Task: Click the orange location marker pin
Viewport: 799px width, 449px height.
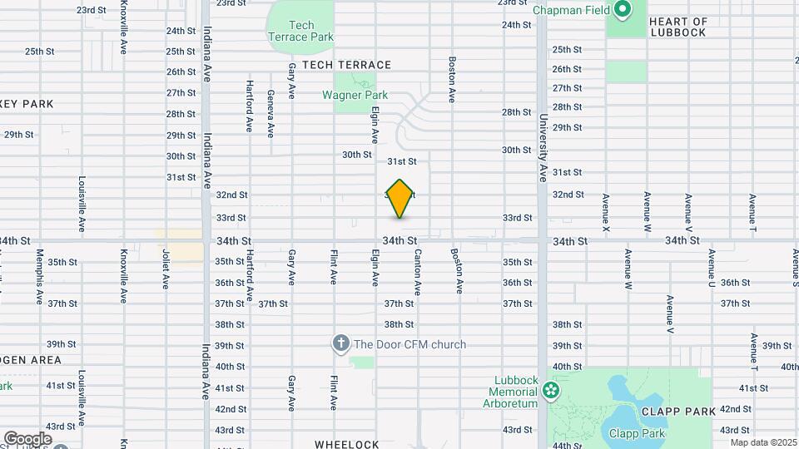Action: point(399,199)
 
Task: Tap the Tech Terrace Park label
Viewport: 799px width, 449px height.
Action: point(300,32)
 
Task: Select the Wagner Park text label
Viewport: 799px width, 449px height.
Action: point(355,95)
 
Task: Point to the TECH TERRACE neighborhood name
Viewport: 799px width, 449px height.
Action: point(346,65)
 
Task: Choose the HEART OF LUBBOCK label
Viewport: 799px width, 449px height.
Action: point(677,27)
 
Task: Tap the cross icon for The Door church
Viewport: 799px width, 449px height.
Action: point(340,343)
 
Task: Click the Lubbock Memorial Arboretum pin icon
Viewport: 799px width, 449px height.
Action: point(551,391)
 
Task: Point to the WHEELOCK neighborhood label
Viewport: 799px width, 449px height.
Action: point(347,445)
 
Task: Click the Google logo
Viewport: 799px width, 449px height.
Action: point(27,439)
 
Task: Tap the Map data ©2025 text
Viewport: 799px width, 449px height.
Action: point(763,442)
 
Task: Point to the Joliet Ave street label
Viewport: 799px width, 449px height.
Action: point(166,269)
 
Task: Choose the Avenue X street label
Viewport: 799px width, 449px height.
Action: point(606,212)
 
